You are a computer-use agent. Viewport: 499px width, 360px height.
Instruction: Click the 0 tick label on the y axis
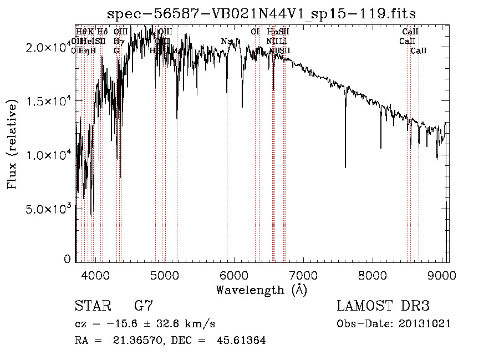pyautogui.click(x=67, y=259)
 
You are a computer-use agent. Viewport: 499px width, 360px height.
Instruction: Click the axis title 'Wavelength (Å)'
pyautogui.click(x=261, y=290)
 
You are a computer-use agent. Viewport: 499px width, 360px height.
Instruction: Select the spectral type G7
pyautogui.click(x=143, y=306)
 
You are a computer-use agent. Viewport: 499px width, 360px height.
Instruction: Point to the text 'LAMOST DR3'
pyautogui.click(x=383, y=306)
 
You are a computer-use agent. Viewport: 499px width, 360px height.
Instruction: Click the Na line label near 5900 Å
pyautogui.click(x=226, y=42)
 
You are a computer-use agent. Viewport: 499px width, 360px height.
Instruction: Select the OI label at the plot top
pyautogui.click(x=255, y=32)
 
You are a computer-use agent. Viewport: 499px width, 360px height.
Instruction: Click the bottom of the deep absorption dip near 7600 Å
pyautogui.click(x=345, y=167)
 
